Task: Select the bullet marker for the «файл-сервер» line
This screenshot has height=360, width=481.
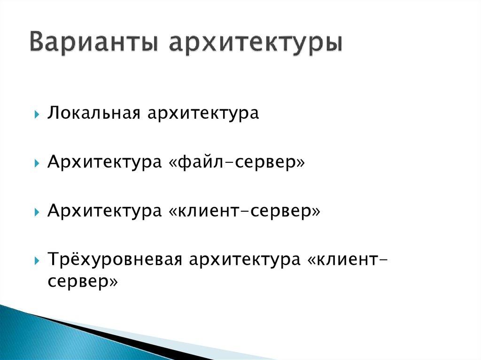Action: (37, 163)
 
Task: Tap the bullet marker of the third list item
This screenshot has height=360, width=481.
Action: (37, 212)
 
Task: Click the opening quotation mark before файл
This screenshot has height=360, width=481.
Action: (172, 163)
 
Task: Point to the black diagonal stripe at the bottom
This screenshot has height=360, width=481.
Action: (117, 335)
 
